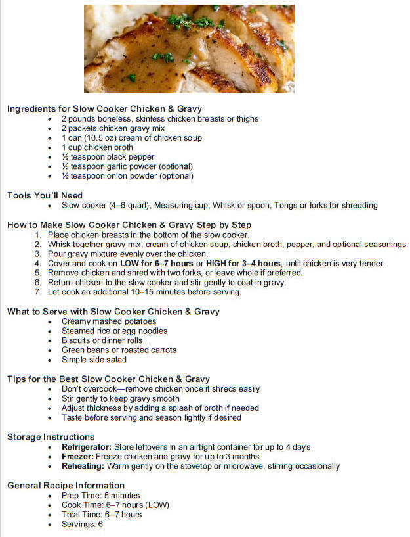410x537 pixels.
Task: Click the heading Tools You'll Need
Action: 45,195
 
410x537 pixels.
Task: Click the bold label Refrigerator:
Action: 89,447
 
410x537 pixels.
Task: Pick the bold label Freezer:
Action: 77,457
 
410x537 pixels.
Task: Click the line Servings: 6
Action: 82,524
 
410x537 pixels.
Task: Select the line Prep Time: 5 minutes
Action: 100,495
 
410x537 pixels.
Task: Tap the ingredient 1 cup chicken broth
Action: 97,148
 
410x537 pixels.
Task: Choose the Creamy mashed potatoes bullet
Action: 109,321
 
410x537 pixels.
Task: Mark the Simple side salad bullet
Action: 94,360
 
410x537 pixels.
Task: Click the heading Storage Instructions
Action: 51,437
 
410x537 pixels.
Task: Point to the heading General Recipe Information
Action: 66,485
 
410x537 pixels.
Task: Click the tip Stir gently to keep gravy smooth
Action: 120,398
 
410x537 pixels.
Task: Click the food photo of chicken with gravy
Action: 189,49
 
